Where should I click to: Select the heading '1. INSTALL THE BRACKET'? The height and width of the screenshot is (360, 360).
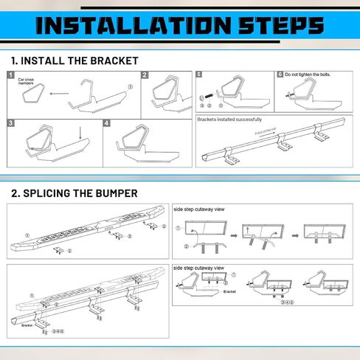[x=75, y=60]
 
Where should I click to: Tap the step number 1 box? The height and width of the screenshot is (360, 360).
[x=10, y=75]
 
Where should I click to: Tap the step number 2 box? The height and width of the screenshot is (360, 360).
[x=145, y=75]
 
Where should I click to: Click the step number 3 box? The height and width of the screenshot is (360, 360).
[x=10, y=123]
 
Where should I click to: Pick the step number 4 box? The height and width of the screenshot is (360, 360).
[x=107, y=123]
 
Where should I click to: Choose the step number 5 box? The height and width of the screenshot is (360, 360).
[x=199, y=75]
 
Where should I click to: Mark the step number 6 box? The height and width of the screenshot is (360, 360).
[x=280, y=75]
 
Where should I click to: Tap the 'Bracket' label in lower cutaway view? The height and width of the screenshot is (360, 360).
[x=229, y=292]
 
